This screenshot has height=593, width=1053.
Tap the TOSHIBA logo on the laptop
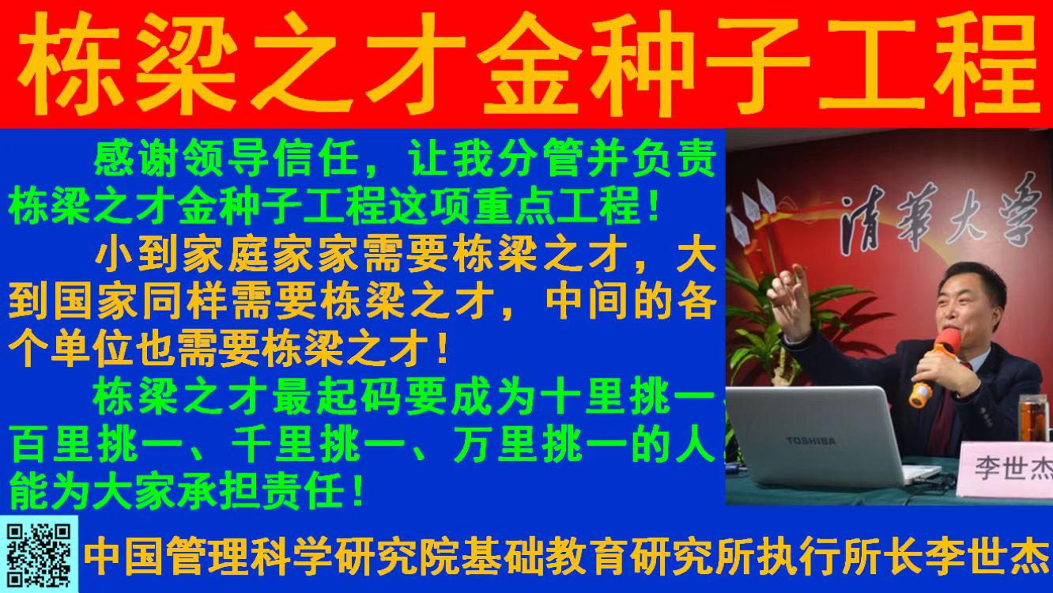click(x=811, y=441)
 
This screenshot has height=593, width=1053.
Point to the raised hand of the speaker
click(x=790, y=301)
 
